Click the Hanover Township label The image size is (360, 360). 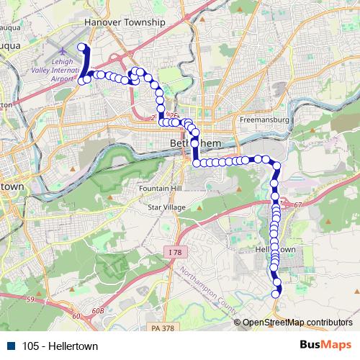coord(125,22)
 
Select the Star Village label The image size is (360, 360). coord(166,207)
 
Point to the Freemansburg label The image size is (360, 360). coord(264,119)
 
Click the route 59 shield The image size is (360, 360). coord(30,298)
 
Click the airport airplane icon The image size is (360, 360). coord(62,52)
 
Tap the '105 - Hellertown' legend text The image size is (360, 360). coord(59,346)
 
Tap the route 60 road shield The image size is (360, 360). coord(77,315)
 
